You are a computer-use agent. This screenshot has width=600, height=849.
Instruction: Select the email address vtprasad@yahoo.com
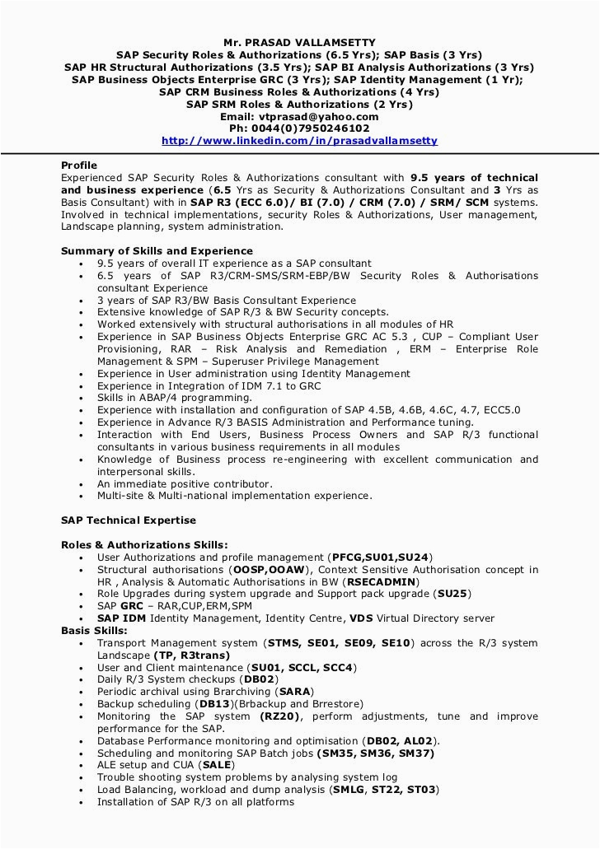(x=321, y=117)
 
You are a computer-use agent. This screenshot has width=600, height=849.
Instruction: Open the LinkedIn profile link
(x=299, y=141)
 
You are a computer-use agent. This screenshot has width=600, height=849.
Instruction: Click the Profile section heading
(x=79, y=166)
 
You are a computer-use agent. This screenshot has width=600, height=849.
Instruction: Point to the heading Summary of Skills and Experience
(x=157, y=251)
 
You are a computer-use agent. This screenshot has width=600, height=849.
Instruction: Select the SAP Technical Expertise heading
(x=129, y=520)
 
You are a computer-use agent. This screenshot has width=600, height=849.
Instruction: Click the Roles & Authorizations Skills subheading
(x=145, y=545)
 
